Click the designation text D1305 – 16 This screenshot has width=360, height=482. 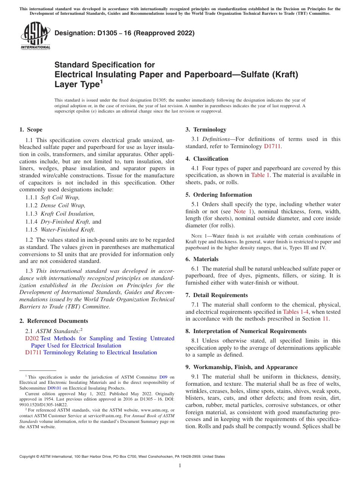(124, 33)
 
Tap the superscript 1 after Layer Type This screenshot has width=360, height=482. (101, 81)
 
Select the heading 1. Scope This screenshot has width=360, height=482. (31, 130)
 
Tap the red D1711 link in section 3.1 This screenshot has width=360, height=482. (272, 146)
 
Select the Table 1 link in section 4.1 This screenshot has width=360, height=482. (260, 175)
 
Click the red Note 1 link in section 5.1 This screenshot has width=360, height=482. (239, 211)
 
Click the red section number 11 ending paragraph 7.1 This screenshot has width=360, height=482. (325, 319)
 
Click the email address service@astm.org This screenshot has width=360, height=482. (106, 416)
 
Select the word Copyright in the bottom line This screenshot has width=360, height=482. (29, 457)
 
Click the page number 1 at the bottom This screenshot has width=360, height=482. (180, 466)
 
